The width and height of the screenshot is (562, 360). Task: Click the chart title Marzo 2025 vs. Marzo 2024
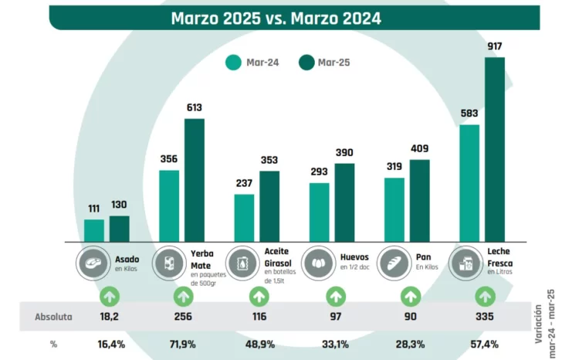276,18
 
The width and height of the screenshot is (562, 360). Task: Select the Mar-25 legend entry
318,63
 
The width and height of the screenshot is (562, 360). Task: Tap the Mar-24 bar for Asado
94,230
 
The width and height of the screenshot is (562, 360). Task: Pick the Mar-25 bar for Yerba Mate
195,179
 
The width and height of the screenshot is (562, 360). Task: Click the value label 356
169,160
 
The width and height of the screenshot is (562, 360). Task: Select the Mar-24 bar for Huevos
319,212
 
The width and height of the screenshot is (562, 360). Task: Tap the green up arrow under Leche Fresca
485,295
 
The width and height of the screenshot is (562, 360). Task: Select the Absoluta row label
54,317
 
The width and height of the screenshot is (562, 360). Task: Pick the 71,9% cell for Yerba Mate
185,344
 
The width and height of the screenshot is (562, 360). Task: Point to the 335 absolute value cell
485,317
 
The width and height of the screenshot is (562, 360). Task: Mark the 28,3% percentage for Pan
410,344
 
